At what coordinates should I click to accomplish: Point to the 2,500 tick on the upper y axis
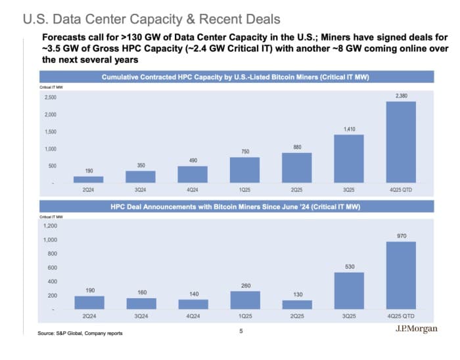(50, 97)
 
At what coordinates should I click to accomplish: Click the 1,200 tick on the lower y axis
(50, 225)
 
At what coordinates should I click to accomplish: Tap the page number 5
(241, 330)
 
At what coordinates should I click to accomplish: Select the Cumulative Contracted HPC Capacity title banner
(235, 78)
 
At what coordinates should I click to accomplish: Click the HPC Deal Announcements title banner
(235, 207)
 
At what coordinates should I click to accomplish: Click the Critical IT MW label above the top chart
(51, 87)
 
